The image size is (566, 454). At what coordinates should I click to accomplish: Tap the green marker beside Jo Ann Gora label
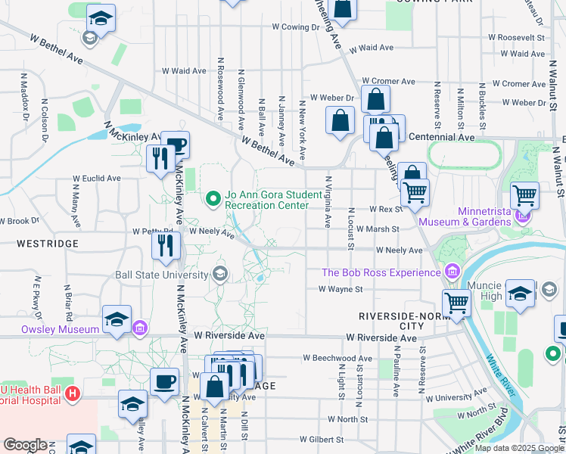[213, 199]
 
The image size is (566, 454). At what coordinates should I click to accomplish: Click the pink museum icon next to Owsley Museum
[140, 328]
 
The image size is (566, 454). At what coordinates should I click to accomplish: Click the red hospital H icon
[73, 393]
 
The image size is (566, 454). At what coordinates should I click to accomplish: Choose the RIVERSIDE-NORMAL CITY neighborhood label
[391, 320]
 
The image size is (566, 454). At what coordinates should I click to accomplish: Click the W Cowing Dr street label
[297, 27]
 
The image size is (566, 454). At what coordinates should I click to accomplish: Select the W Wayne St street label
[341, 288]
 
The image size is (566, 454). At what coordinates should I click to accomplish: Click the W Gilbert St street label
[321, 439]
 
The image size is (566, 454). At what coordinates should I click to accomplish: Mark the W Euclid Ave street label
[97, 179]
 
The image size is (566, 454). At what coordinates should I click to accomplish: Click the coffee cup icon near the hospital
[164, 381]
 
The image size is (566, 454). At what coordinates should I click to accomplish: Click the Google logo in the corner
[25, 444]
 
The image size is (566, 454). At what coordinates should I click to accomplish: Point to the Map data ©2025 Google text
[518, 448]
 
